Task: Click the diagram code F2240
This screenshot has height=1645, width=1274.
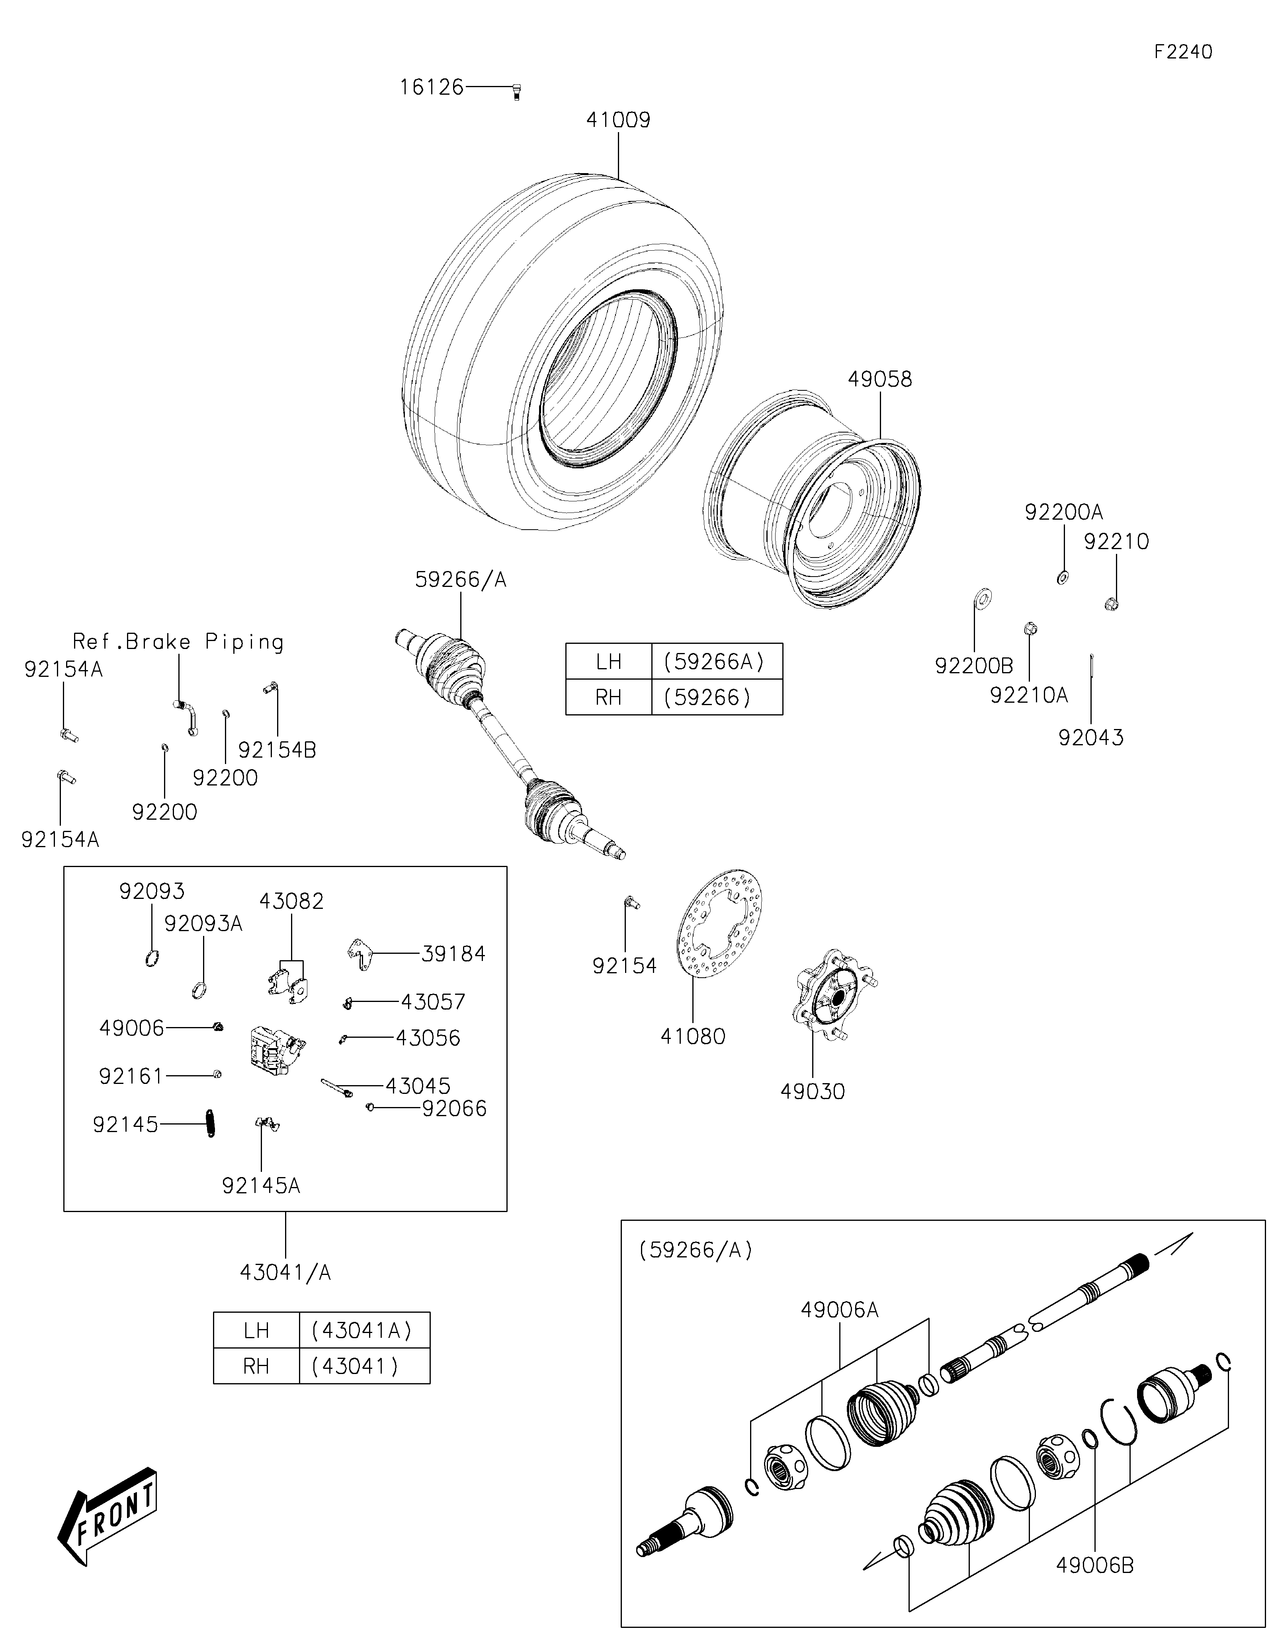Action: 1183,52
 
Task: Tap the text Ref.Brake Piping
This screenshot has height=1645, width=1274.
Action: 178,642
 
